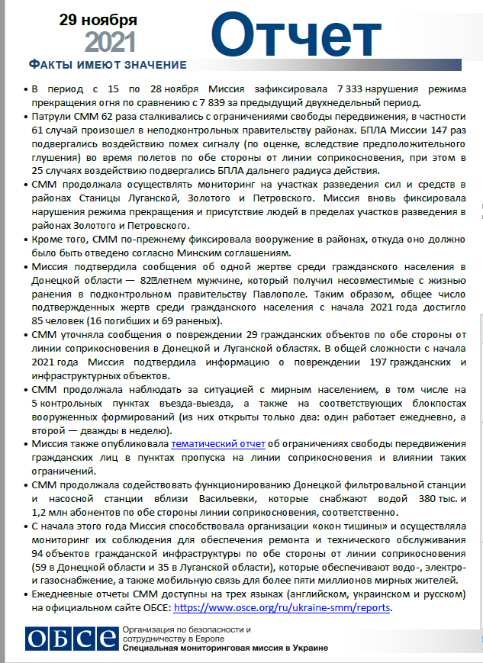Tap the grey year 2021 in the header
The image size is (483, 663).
111,41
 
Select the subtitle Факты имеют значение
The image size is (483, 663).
107,63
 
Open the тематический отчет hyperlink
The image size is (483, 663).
217,443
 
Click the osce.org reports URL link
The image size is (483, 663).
283,608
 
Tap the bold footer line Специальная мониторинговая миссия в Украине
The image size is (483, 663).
225,648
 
